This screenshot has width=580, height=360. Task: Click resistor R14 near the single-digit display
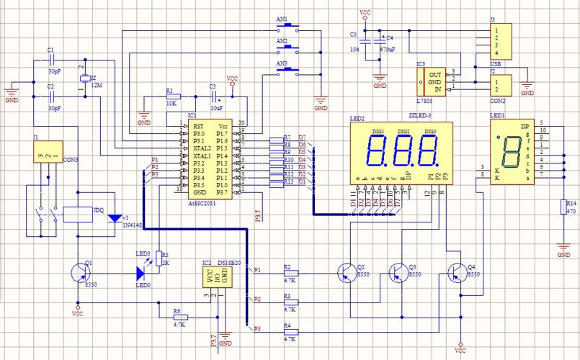coord(564,207)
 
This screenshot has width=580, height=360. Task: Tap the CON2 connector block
coord(499,85)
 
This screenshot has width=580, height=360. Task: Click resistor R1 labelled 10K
coord(178,96)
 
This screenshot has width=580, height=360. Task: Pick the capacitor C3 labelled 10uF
coord(213,96)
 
